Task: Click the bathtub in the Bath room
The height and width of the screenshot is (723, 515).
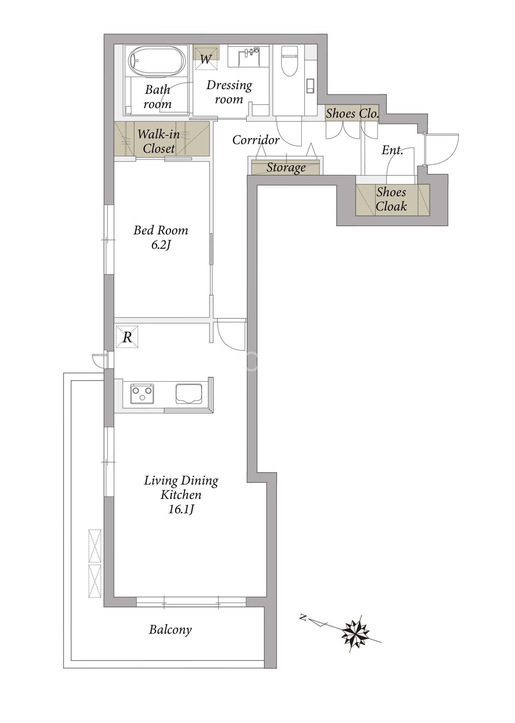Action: tap(157, 62)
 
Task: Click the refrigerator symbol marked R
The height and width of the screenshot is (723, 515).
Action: tap(127, 337)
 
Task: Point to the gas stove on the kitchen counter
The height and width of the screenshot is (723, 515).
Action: tap(143, 394)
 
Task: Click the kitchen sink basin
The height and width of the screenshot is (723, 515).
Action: tap(189, 394)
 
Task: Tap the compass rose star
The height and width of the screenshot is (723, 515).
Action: tap(356, 631)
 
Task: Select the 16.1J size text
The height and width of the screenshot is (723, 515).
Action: tap(181, 509)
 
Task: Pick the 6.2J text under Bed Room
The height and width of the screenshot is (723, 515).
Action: tap(161, 245)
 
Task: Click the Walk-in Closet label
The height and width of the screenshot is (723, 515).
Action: tap(159, 141)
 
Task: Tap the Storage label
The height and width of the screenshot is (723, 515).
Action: tap(286, 167)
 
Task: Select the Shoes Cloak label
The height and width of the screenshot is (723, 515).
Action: tap(391, 199)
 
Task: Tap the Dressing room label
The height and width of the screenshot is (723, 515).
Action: tap(229, 92)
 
